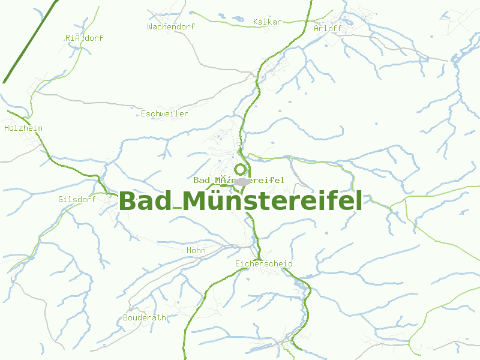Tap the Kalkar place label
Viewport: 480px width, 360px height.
coord(267,22)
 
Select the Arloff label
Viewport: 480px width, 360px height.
coord(328,28)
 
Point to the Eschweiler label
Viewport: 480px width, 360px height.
coord(164,114)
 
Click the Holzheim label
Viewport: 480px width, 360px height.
coord(23,128)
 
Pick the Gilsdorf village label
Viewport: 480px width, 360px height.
coord(77,199)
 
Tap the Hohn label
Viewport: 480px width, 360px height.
coord(196,251)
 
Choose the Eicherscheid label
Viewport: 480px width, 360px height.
coord(264,264)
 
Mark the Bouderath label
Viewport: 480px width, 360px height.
coord(145,318)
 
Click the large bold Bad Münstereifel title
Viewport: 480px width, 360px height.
coord(241,201)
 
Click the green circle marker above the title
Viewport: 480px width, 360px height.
coord(240,169)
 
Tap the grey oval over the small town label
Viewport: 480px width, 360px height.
coord(242,181)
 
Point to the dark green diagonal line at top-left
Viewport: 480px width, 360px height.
coord(30,41)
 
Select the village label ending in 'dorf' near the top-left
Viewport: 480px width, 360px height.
coord(84,38)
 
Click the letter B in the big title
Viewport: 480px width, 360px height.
coord(128,201)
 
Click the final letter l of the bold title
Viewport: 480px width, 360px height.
coord(359,201)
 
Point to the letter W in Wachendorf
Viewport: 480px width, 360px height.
coord(150,26)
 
